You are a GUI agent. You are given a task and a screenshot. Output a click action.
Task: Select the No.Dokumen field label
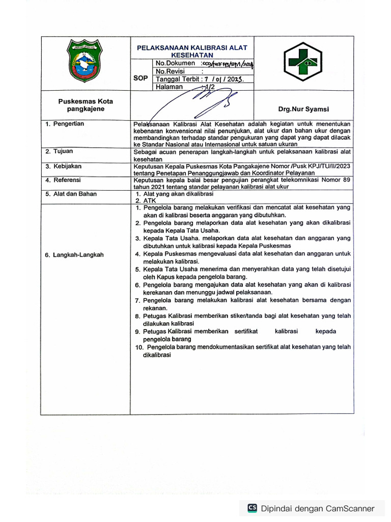click(176, 63)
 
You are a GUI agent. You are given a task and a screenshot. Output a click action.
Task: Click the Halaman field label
click(169, 87)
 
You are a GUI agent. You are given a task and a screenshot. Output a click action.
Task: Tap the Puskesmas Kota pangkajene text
click(86, 105)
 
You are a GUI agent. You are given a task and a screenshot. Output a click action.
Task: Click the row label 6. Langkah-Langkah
click(74, 255)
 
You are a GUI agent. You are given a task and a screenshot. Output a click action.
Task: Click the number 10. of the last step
click(139, 347)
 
